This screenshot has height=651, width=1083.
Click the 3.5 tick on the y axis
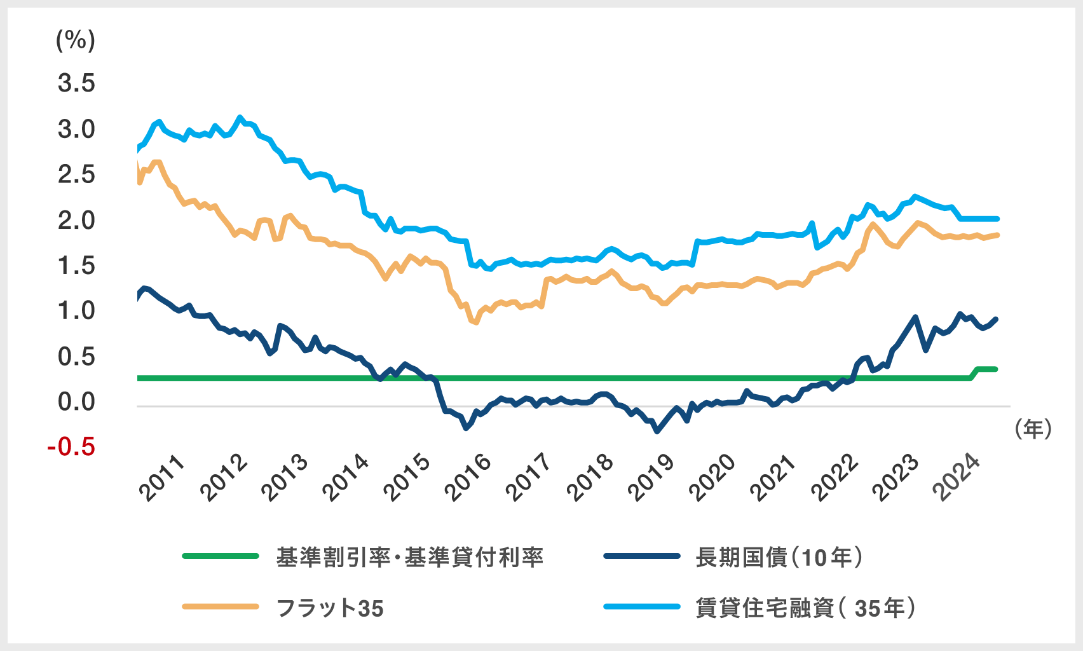76,83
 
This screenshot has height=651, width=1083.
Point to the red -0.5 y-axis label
71,447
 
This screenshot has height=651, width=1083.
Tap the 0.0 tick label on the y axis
76,402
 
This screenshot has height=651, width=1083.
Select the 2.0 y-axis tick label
76,221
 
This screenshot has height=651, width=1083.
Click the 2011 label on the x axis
163,478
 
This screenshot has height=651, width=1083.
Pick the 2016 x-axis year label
469,478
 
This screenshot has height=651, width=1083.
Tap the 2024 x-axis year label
957,478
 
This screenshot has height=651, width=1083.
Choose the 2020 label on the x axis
713,478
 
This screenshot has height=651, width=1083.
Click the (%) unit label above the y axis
76,41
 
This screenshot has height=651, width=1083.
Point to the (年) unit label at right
1033,429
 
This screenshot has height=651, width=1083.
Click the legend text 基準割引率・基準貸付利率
410,557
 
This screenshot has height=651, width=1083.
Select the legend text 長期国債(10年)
779,557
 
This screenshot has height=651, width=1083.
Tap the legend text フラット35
330,608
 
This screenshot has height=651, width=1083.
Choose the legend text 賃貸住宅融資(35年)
806,608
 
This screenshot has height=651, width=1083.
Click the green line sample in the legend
221,556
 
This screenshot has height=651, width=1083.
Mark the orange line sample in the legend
221,607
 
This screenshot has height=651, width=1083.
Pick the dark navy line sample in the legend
642,556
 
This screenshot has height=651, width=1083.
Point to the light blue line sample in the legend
642,607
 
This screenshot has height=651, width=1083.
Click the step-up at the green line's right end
975,373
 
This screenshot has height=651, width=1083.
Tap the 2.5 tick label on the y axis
76,175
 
